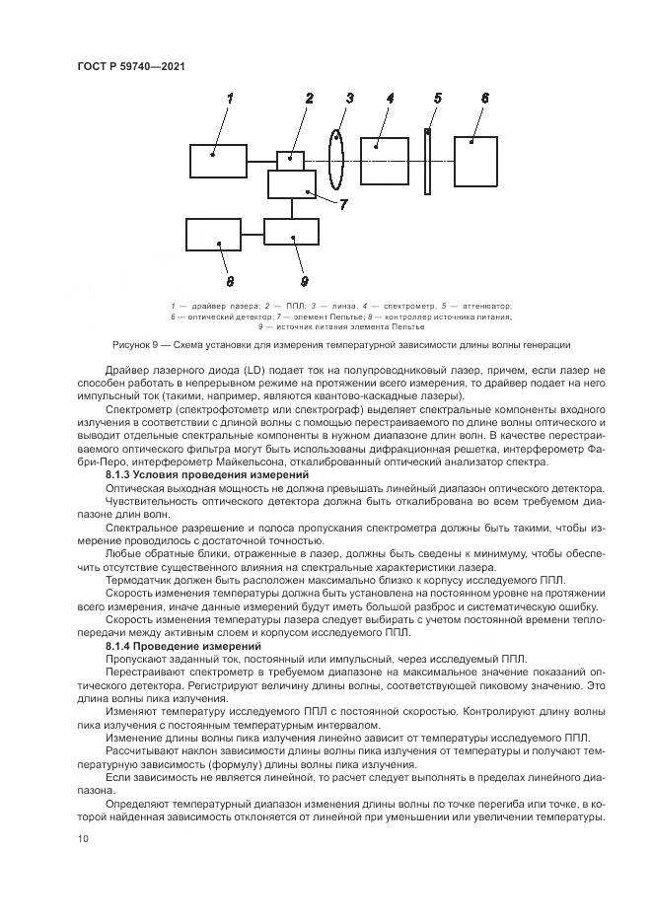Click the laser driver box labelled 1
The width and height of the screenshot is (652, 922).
tap(218, 161)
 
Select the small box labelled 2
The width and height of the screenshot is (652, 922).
tap(290, 159)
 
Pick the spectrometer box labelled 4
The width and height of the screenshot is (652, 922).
tap(385, 160)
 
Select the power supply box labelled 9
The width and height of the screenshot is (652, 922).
tap(291, 233)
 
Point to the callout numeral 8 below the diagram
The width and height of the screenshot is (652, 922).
tap(230, 279)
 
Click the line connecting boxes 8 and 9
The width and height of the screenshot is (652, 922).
tap(253, 234)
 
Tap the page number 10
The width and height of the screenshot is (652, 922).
tap(83, 838)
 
